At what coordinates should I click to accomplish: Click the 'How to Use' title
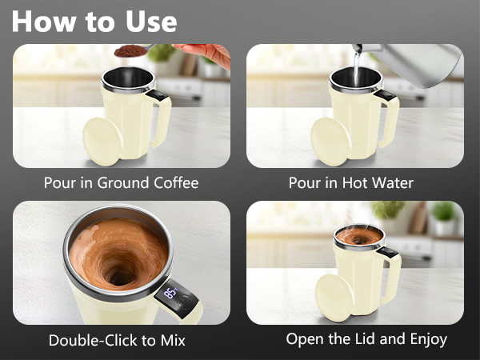(x=94, y=21)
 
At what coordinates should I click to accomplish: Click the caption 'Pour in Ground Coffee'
(x=121, y=182)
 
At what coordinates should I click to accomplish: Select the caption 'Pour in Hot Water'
(x=350, y=182)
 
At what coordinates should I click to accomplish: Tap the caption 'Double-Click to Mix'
(x=117, y=340)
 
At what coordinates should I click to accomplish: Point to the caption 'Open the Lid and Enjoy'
(x=366, y=339)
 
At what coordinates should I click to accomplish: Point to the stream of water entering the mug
(x=355, y=68)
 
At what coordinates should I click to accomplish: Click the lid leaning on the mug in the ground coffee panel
(x=102, y=141)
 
